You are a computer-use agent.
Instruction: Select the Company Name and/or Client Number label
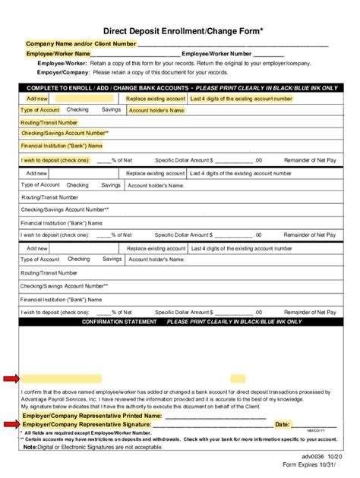coord(81,44)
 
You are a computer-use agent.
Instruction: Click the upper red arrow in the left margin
coord(11,378)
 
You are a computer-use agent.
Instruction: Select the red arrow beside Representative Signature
coord(11,423)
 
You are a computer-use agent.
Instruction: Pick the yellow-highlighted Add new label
coord(37,99)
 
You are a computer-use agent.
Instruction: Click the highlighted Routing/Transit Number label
coord(49,121)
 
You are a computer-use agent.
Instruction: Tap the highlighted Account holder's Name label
coord(156,110)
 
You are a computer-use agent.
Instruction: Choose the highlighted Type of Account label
coord(40,110)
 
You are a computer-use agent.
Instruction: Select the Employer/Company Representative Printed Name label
coord(92,416)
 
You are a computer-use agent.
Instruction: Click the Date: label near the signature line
coord(283,424)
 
